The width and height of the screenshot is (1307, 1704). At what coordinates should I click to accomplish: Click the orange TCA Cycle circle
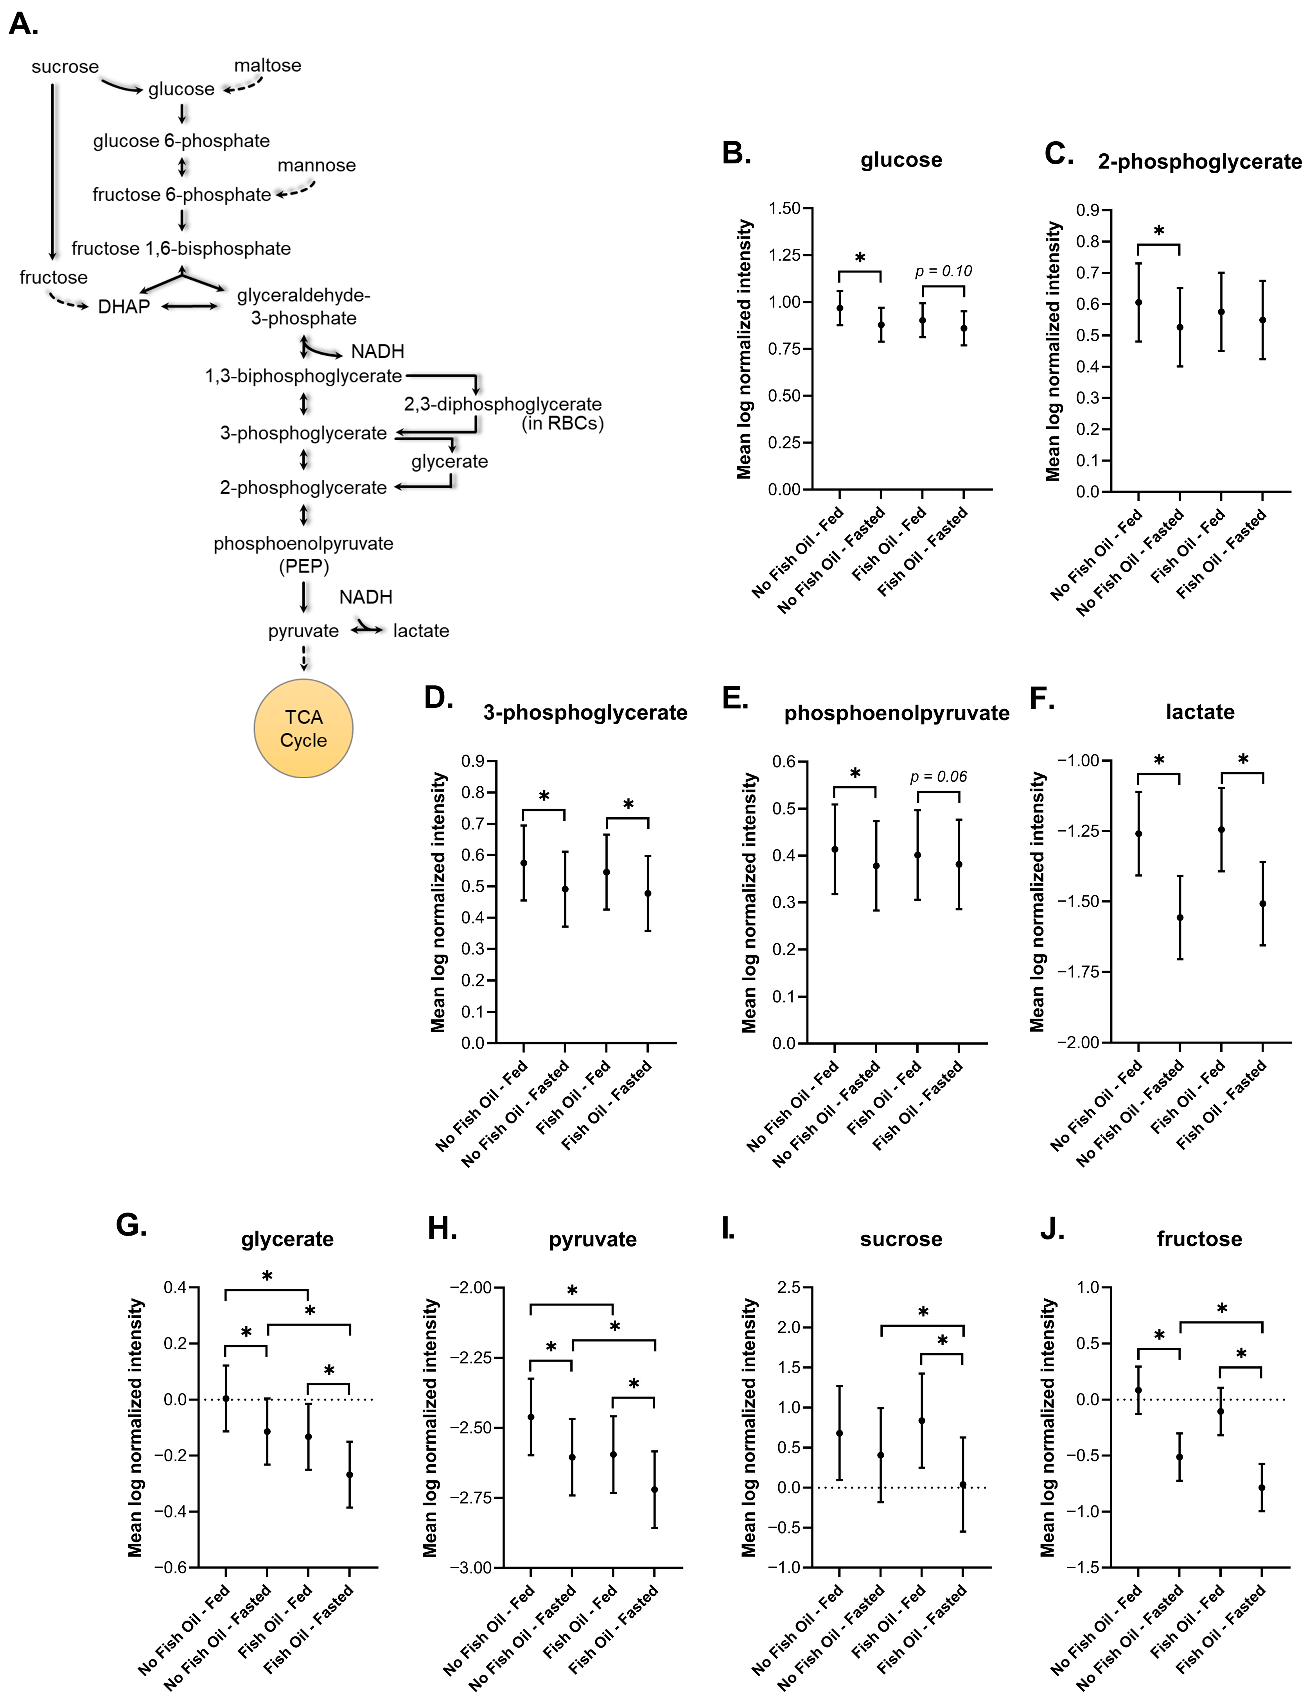(x=303, y=729)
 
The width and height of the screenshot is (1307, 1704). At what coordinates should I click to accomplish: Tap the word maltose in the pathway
(x=268, y=65)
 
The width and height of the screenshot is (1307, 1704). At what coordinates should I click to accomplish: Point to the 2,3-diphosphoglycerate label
(x=503, y=404)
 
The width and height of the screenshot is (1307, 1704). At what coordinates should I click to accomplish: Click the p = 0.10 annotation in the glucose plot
(x=943, y=271)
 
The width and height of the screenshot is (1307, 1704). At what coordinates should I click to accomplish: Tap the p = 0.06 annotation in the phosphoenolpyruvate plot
(x=938, y=777)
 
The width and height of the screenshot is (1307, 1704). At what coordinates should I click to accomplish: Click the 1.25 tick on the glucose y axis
(x=784, y=255)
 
